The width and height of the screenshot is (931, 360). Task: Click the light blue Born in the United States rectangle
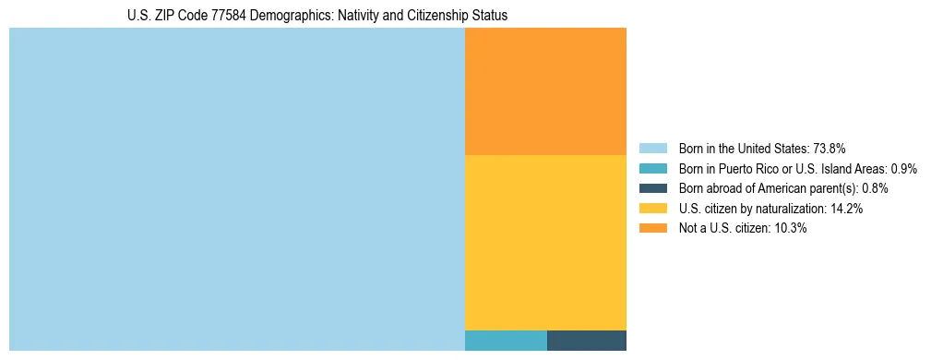(x=236, y=189)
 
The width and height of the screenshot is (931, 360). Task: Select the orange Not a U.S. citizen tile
(x=545, y=91)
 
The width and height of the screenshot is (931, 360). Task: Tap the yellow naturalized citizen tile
(x=545, y=242)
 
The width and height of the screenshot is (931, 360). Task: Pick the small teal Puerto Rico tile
(x=506, y=340)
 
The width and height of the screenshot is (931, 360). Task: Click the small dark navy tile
(x=587, y=340)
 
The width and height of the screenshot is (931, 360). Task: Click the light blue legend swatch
(x=652, y=149)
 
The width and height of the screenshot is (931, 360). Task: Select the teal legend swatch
(x=652, y=169)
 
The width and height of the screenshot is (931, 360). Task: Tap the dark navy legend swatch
(x=652, y=188)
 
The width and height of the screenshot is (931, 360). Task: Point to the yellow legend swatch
(x=652, y=209)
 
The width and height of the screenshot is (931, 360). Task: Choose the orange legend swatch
(x=652, y=228)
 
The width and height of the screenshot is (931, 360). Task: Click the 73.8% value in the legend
(x=829, y=149)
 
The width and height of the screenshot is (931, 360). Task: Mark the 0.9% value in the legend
(x=904, y=169)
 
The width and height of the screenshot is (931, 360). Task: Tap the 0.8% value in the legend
(x=877, y=188)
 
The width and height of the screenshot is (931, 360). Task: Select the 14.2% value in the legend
(x=847, y=209)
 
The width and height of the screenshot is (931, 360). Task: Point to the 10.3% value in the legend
(x=791, y=228)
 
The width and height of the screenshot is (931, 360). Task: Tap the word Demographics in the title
(x=291, y=17)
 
